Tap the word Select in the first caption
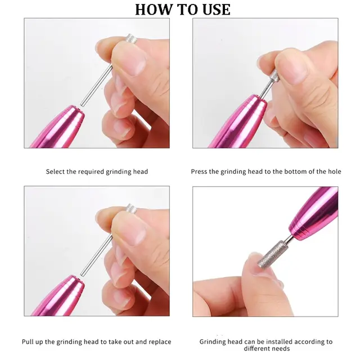pos(56,172)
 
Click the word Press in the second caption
pos(200,172)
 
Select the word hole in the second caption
pos(331,172)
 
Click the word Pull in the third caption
pos(28,342)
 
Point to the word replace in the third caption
pos(159,342)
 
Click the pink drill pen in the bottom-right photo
pos(313,216)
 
